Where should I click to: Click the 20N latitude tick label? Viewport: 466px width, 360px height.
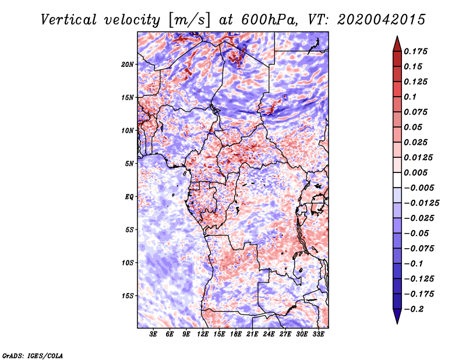(128, 65)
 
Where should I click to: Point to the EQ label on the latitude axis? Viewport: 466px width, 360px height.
(129, 197)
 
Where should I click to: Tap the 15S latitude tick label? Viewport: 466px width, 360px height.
(128, 296)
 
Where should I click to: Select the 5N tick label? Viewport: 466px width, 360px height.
(129, 164)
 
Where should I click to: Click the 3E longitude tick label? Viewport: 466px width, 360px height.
(153, 334)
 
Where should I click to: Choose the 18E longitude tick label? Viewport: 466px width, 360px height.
(236, 334)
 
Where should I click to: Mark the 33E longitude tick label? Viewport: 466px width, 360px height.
(318, 334)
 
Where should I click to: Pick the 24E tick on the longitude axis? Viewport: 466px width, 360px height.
(269, 334)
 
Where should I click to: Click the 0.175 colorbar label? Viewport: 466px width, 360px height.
(415, 51)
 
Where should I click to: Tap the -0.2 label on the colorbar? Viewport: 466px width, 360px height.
(414, 309)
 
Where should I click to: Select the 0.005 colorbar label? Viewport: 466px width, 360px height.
(415, 172)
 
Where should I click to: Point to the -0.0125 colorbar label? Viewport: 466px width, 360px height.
(421, 203)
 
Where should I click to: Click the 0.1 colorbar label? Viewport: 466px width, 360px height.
(410, 97)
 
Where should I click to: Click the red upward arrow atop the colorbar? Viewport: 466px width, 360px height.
(397, 45)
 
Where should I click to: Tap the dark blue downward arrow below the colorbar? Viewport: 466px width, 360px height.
(397, 316)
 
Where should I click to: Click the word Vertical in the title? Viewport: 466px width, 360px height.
(68, 20)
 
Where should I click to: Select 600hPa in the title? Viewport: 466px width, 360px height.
(269, 20)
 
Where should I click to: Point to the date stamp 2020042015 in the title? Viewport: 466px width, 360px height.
(382, 20)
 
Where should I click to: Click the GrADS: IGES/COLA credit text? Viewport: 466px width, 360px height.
(33, 355)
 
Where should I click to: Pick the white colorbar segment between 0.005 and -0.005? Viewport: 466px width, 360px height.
(397, 180)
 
